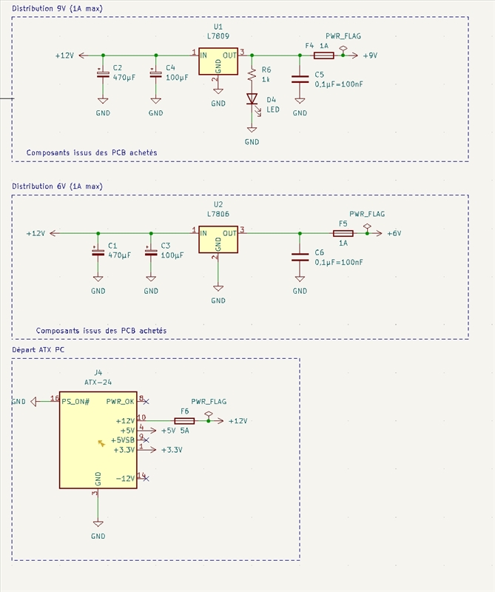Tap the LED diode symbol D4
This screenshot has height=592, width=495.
[252, 98]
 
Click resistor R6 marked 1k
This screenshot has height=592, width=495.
[252, 75]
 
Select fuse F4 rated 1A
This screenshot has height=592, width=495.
[322, 55]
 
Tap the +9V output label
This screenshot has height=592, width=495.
[371, 55]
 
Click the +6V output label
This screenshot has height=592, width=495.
[394, 233]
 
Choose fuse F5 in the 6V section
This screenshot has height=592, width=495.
[343, 233]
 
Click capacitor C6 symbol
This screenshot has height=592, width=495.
[300, 257]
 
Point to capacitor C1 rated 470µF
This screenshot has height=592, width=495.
[98, 252]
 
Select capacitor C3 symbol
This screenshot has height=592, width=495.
[151, 252]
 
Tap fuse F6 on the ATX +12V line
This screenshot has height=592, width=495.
[184, 420]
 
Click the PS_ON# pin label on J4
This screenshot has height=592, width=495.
[75, 401]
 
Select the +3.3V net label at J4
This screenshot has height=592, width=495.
[171, 449]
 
